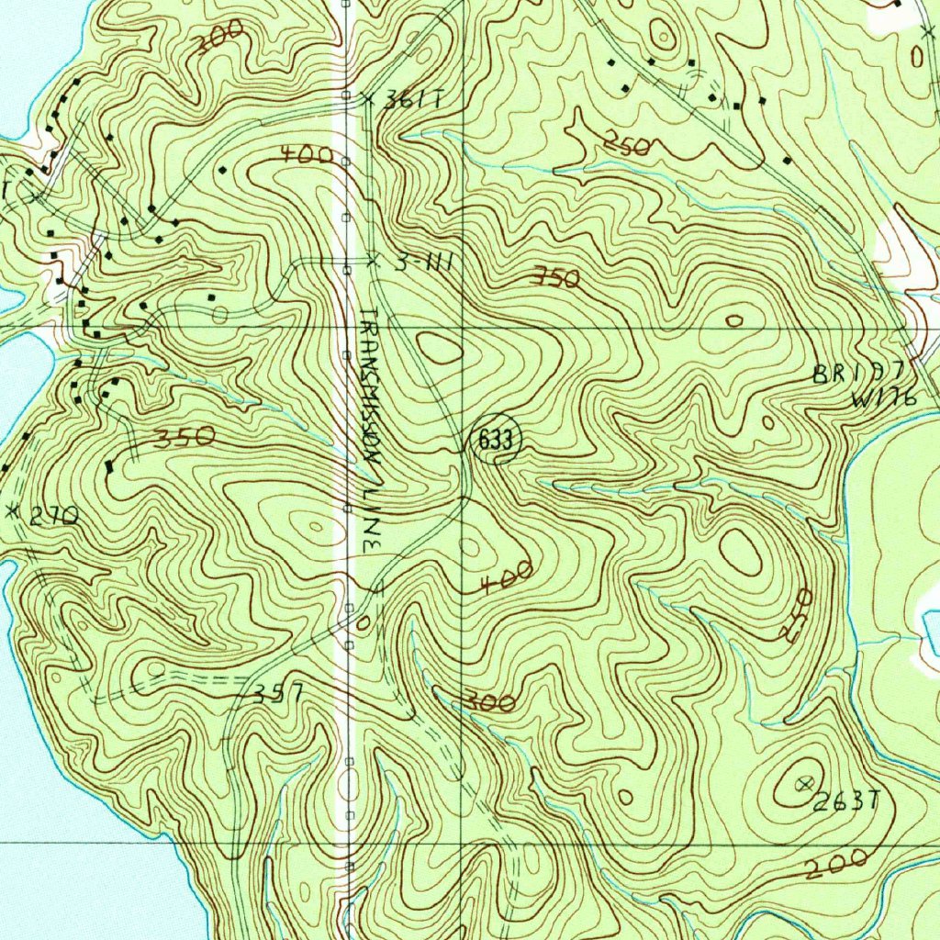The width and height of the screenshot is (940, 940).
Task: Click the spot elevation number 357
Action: coord(278,693)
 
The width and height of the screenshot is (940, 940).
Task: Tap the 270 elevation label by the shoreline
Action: coord(52,518)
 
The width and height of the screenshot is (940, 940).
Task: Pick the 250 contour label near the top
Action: coord(627,144)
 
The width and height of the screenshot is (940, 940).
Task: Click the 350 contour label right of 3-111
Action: coord(556,279)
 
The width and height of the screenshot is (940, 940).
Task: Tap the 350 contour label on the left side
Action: coord(185,438)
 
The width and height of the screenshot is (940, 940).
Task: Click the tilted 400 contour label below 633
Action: coord(505,577)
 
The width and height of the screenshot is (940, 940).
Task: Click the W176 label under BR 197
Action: coord(883,398)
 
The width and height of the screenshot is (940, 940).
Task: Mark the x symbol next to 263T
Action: coord(806,783)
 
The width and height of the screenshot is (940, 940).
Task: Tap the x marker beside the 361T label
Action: coord(369,98)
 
